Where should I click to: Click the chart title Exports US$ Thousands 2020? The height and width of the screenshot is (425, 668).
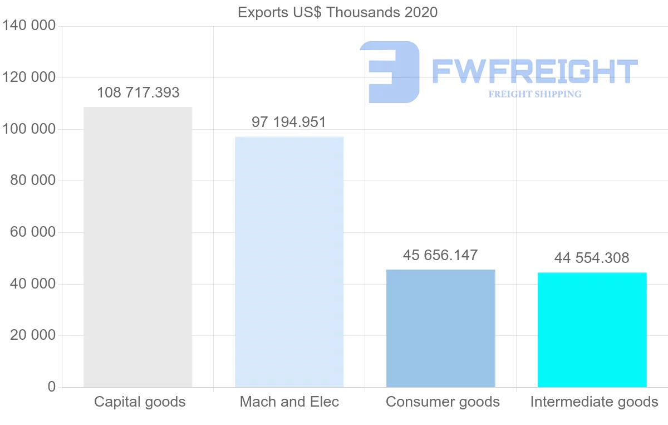click(337, 12)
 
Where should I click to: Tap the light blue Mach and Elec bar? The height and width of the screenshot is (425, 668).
click(289, 262)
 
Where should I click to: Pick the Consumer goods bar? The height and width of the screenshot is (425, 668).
click(440, 328)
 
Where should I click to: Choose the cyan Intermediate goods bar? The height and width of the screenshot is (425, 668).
click(592, 330)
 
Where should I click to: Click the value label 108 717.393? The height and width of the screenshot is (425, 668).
click(138, 92)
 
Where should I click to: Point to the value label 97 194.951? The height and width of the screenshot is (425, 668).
click(289, 122)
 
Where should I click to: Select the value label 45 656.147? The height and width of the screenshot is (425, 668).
click(440, 255)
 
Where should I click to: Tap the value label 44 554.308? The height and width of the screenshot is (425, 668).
click(592, 258)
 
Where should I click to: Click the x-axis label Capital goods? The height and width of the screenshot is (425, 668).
click(140, 402)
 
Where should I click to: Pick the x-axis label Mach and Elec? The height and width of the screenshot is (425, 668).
click(289, 402)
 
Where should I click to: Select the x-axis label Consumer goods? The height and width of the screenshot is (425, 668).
click(443, 402)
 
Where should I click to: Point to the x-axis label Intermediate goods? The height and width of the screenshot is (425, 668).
click(594, 402)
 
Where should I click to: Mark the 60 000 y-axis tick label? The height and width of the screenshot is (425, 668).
click(33, 232)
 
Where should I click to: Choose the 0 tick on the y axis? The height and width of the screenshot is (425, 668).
click(52, 387)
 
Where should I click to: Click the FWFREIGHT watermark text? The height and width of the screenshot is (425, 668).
click(534, 71)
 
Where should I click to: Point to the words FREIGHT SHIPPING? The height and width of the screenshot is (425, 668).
click(534, 94)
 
